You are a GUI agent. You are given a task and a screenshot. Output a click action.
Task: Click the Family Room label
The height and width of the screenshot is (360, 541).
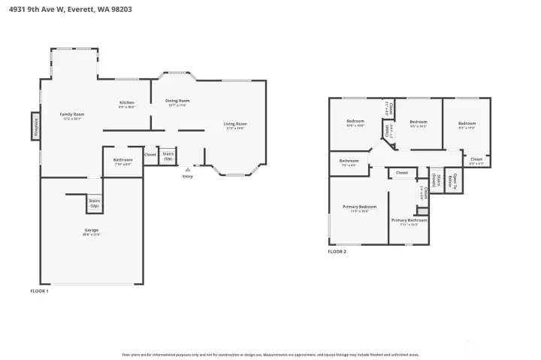click(x=71, y=116)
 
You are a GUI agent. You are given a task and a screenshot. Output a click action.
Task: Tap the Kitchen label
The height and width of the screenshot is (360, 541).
click(x=127, y=104)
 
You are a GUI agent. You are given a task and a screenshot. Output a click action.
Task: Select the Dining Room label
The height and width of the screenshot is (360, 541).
click(x=178, y=102)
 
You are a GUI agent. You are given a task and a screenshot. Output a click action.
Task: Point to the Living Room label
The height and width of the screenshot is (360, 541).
click(x=235, y=126)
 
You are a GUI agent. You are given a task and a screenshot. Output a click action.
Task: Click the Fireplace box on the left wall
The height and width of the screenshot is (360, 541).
click(x=35, y=126)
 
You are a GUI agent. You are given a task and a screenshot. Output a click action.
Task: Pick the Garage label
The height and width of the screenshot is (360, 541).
click(x=92, y=231)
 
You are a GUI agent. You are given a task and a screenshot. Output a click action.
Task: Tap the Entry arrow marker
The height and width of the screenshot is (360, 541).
click(x=187, y=170)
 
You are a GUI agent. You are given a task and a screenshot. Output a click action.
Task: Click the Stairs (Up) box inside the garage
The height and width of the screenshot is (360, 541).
click(x=95, y=203)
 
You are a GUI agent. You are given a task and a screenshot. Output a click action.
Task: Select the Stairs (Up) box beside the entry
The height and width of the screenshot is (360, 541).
click(x=168, y=157)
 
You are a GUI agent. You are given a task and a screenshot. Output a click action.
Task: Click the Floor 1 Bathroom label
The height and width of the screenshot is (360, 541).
click(x=122, y=161)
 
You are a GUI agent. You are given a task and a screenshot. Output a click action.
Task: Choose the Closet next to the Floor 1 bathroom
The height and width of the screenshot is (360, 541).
click(x=150, y=155)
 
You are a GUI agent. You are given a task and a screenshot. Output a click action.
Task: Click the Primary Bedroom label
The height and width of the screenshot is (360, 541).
click(x=359, y=208)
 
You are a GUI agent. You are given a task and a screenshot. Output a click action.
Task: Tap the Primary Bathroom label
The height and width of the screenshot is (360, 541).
click(x=409, y=222)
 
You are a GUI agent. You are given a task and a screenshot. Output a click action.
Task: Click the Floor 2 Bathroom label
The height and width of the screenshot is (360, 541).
click(x=349, y=162)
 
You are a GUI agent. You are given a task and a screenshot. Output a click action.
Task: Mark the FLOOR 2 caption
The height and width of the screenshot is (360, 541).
click(x=337, y=252)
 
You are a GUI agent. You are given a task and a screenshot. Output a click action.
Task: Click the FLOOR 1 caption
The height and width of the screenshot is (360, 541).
click(x=39, y=291)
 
